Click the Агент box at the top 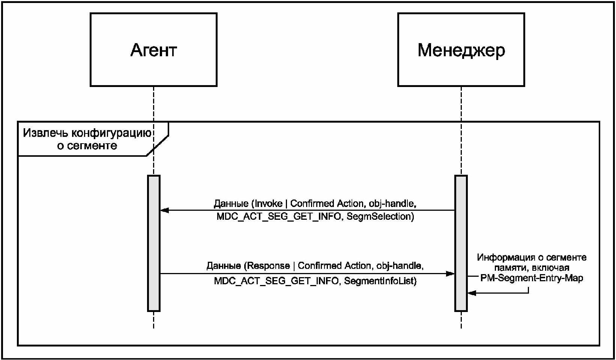(153, 50)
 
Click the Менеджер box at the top (461, 50)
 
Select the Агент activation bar (154, 243)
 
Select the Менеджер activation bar (461, 243)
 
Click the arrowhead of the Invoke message (164, 210)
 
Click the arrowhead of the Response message (450, 273)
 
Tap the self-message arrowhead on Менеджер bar (472, 293)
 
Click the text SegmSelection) (380, 216)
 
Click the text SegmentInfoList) (380, 281)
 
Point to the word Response (268, 266)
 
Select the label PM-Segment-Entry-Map (532, 278)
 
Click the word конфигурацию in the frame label (111, 133)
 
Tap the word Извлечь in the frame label (45, 133)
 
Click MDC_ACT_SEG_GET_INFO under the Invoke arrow (279, 217)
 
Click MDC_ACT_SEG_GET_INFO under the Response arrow (276, 281)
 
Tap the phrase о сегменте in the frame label (87, 145)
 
